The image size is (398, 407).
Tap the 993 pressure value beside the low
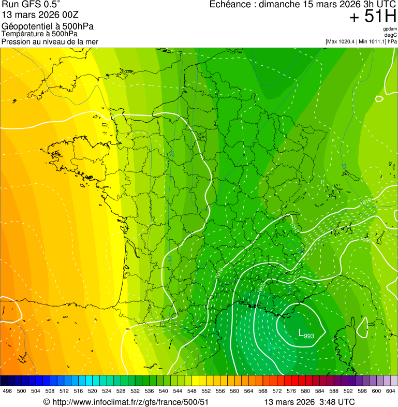[x=309, y=337]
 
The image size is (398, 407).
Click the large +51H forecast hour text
[x=372, y=17]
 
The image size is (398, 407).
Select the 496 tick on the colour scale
[x=7, y=391]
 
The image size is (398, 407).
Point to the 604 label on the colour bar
[x=391, y=391]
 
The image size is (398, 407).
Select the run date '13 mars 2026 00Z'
[x=33, y=14]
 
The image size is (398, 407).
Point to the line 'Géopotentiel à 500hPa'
[x=40, y=26]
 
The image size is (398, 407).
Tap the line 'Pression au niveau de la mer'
[x=50, y=41]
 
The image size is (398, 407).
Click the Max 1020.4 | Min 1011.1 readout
[x=361, y=41]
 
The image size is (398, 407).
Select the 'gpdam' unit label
[x=390, y=29]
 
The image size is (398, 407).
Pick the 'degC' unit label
[x=391, y=35]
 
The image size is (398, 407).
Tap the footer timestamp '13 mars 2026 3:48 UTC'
[x=309, y=402]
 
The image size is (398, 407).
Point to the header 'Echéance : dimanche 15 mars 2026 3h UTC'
[x=303, y=5]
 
